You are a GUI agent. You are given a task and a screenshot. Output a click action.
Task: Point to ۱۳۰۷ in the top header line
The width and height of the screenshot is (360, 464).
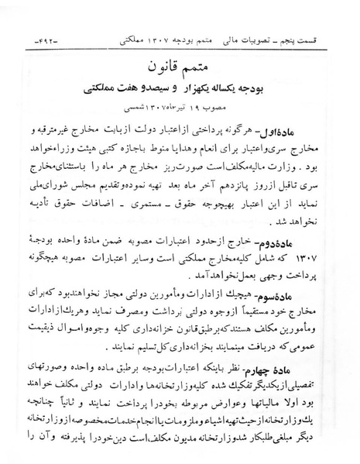pos(151,36)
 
